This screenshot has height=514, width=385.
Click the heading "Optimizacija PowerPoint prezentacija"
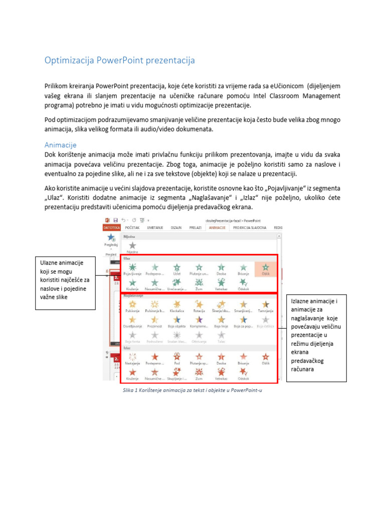119,61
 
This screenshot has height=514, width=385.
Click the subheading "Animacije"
60,145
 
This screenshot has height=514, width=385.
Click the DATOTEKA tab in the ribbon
112,227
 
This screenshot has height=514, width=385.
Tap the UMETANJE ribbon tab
154,227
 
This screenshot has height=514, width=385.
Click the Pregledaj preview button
111,240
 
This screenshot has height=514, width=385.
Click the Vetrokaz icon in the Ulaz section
221,284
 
